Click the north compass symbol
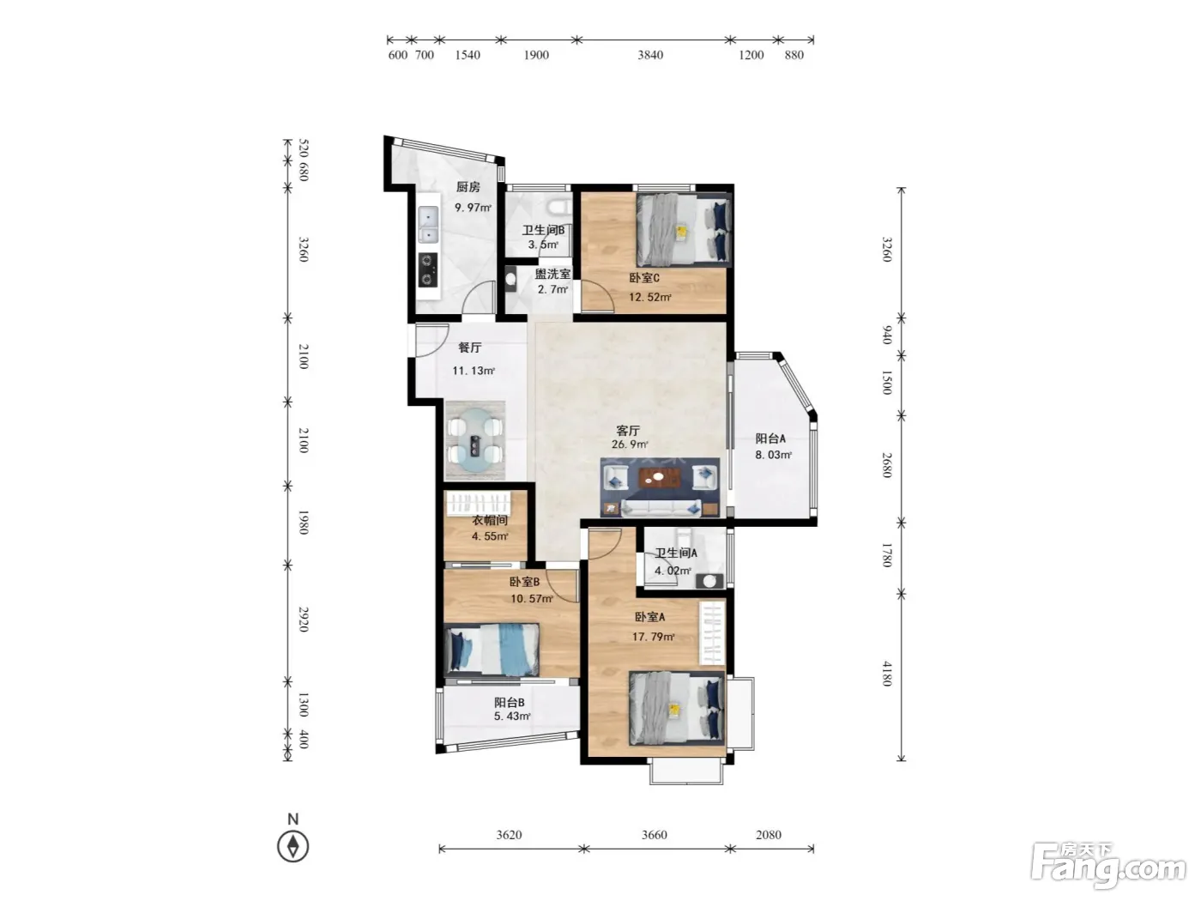[x=293, y=846]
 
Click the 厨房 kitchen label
[x=468, y=187]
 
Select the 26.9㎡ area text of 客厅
[x=630, y=444]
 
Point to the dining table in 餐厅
[x=475, y=441]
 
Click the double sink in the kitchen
[x=428, y=224]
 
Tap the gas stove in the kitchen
[x=428, y=269]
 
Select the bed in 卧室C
[x=684, y=230]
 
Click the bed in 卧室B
[x=492, y=649]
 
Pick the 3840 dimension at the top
[x=650, y=55]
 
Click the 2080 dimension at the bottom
[x=768, y=835]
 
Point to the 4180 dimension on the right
[x=887, y=674]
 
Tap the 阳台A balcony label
[x=770, y=438]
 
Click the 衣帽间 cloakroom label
[x=490, y=520]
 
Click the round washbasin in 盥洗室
[x=510, y=278]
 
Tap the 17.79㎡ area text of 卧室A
[x=654, y=637]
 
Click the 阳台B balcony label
[x=510, y=703]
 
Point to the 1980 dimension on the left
[x=304, y=523]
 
